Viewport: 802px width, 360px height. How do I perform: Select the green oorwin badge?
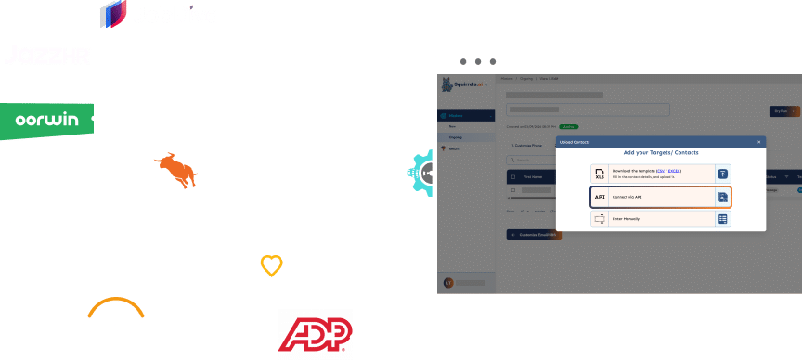[46, 119]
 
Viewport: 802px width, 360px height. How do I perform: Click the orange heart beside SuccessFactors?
[271, 267]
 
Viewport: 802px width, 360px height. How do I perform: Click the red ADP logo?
[316, 332]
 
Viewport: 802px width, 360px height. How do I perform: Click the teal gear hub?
[422, 171]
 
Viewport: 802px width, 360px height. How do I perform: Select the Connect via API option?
[660, 197]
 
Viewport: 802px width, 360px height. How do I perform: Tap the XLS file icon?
[600, 174]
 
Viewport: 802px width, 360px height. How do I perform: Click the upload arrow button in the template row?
[722, 174]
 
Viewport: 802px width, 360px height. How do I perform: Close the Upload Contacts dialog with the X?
[758, 142]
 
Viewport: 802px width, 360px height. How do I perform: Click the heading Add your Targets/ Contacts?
[661, 152]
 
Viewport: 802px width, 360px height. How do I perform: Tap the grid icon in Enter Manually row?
[722, 219]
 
